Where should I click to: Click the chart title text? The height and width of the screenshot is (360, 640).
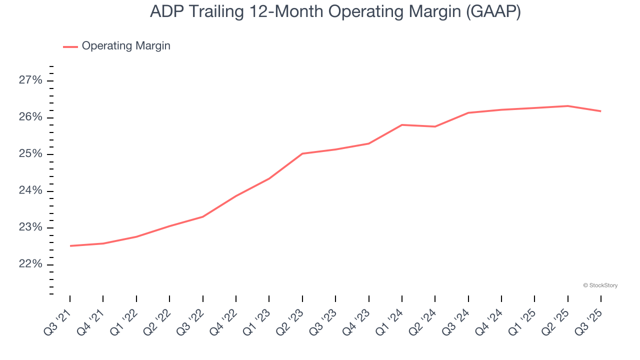(335, 12)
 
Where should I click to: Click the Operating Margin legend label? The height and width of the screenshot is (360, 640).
(126, 46)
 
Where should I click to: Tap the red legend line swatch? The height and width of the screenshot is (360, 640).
(70, 46)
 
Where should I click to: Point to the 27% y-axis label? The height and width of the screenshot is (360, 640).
(30, 80)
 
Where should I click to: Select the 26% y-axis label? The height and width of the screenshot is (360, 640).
(30, 117)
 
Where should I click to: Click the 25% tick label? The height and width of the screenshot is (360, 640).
(30, 154)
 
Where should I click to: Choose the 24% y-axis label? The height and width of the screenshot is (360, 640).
(30, 191)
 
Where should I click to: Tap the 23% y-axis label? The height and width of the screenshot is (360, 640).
(30, 227)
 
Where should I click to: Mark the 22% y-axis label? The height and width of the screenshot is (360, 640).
(30, 264)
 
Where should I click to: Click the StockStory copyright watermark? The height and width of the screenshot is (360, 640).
(600, 285)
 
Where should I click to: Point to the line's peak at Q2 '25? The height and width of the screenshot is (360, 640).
(567, 106)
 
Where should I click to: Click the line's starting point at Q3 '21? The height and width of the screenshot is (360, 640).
(70, 246)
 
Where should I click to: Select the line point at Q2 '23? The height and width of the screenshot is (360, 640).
(302, 153)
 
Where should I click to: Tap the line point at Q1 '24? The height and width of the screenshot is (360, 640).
(402, 125)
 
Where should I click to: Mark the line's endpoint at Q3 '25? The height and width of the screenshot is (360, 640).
(600, 111)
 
